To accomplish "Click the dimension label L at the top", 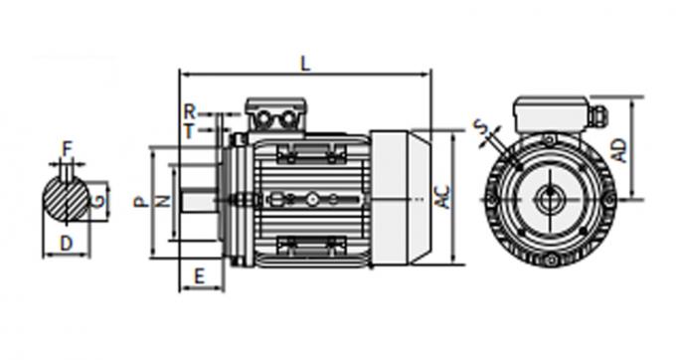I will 305,63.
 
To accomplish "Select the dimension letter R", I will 189,110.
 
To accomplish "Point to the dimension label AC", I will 444,197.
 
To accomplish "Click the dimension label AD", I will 618,150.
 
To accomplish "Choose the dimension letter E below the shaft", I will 199,275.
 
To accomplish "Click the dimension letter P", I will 139,201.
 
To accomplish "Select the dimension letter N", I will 164,201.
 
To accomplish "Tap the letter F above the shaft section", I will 67,150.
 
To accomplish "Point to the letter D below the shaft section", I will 66,244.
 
